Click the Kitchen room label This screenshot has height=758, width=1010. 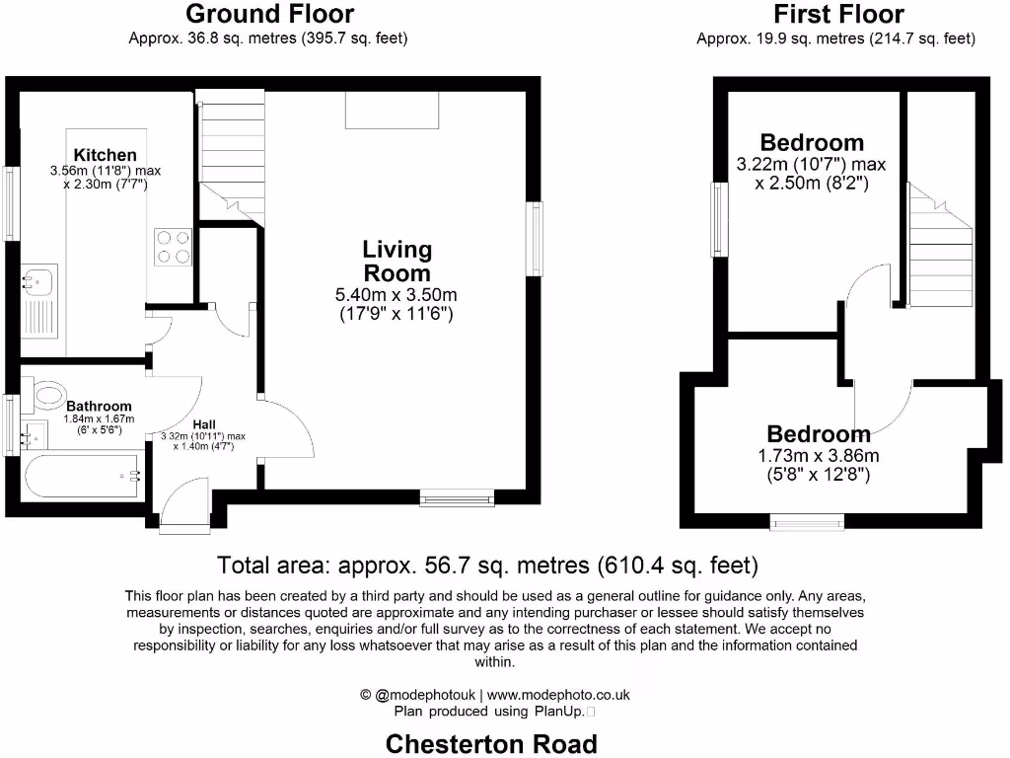click(x=106, y=155)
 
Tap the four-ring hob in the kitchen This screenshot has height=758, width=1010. click(x=172, y=247)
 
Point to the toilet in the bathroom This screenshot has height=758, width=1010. click(x=47, y=396)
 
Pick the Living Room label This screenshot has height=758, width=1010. click(x=397, y=262)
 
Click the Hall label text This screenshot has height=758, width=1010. click(x=204, y=424)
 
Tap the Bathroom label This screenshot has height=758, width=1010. click(x=99, y=406)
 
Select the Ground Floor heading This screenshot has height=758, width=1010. click(x=269, y=14)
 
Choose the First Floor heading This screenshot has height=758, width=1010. click(x=838, y=14)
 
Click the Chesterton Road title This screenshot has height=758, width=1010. click(x=491, y=743)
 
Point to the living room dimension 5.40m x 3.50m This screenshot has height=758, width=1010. click(x=397, y=295)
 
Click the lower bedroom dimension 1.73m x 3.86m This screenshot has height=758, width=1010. click(x=819, y=455)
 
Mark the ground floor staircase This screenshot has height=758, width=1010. click(x=233, y=153)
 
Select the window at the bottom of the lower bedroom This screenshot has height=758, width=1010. click(x=807, y=521)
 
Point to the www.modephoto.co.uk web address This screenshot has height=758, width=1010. click(x=558, y=695)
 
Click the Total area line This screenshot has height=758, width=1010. click(x=487, y=567)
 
